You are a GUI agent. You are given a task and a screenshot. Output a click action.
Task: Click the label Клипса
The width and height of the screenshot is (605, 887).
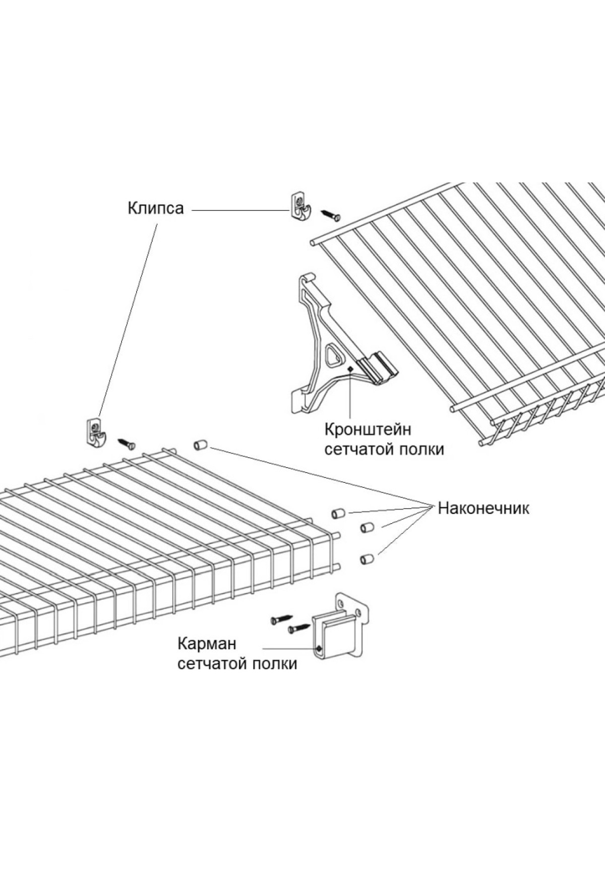(155, 208)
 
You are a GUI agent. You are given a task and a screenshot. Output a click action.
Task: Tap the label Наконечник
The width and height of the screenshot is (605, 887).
(483, 508)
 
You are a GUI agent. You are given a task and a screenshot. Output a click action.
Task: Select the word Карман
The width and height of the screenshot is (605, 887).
(207, 644)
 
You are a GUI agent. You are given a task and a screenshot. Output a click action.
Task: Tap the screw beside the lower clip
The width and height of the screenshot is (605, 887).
(127, 444)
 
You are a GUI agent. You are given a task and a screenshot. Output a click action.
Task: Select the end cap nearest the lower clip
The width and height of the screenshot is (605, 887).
(200, 445)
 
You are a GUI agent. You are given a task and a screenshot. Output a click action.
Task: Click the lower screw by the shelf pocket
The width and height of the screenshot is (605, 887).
(299, 628)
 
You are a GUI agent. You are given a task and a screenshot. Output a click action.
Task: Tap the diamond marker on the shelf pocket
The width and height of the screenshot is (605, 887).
(318, 648)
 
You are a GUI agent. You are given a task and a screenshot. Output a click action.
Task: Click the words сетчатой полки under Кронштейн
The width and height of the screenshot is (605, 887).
(384, 449)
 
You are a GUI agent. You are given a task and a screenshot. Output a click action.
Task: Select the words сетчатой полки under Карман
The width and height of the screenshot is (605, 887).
(237, 664)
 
